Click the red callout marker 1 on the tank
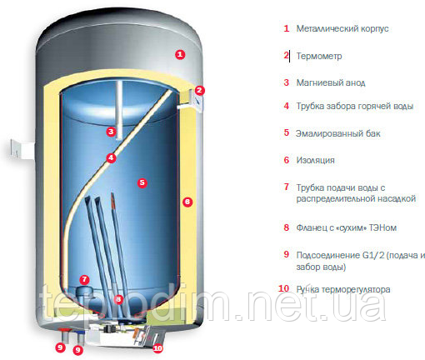[x=180, y=54]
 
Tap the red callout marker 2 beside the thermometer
[x=199, y=90]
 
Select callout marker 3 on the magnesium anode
[x=111, y=132]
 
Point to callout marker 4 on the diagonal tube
[x=111, y=158]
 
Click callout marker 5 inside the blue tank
[x=142, y=182]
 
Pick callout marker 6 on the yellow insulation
[x=187, y=202]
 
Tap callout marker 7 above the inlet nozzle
[x=84, y=279]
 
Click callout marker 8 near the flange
[x=118, y=299]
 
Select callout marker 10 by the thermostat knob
[x=157, y=348]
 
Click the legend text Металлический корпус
[x=342, y=28]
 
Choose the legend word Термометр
[x=319, y=56]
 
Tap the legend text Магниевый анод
[x=331, y=82]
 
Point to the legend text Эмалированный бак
[x=337, y=133]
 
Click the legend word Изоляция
[x=315, y=160]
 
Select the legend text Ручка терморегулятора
[x=343, y=289]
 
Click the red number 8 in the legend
[x=287, y=227]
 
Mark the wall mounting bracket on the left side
[x=22, y=149]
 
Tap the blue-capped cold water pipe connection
[x=80, y=337]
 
